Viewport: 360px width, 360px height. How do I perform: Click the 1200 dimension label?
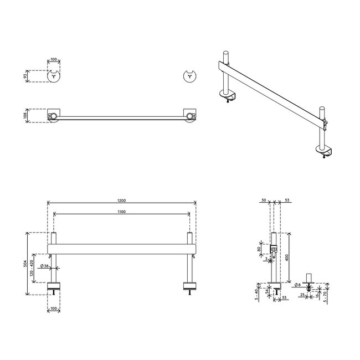pos(121,200)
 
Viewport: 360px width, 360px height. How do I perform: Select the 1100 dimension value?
pos(121,213)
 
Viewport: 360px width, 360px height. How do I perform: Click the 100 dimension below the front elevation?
pos(54,308)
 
